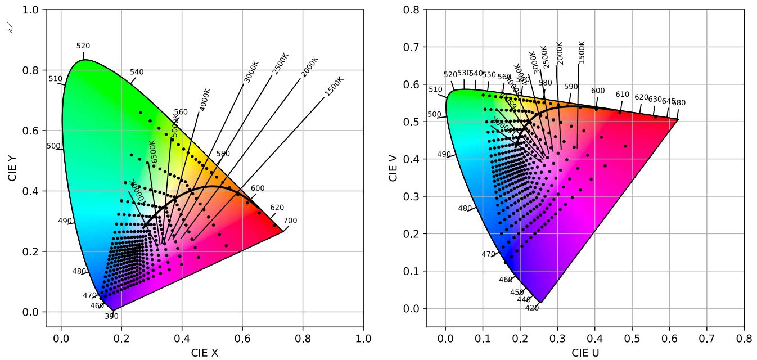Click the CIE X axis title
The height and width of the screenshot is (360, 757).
coord(204,353)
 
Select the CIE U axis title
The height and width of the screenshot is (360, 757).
coord(585,353)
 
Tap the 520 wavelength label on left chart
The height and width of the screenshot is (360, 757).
coord(83,46)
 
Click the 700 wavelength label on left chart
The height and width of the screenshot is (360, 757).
coord(290,220)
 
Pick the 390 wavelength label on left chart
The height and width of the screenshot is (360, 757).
coord(111,317)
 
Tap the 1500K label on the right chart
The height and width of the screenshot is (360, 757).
coord(582,52)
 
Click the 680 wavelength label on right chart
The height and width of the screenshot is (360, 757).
coord(679,103)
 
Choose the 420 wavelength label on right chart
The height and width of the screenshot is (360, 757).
coord(531,308)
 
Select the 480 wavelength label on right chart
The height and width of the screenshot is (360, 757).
coord(465,208)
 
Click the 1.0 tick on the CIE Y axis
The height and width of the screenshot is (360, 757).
coord(30,10)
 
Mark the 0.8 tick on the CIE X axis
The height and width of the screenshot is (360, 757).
coord(303,339)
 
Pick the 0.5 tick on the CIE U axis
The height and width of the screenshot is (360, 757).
coord(632,339)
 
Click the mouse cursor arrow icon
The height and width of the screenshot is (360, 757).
coord(10,26)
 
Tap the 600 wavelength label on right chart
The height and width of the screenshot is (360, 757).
coord(598,91)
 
